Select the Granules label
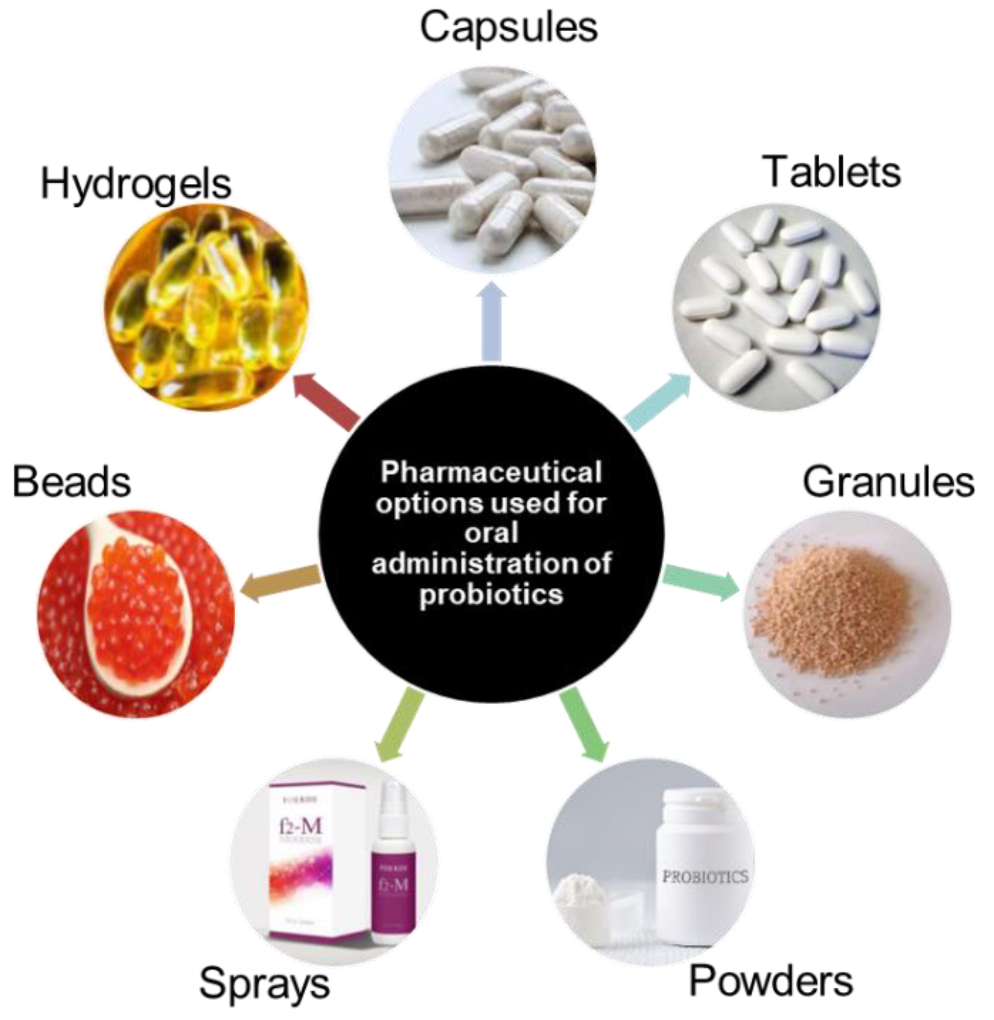pos(888,482)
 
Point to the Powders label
pos(771,981)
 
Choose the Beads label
pos(71,481)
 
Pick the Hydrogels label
pos(136,185)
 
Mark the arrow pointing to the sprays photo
pos(400,724)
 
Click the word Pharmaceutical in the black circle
pos(490,472)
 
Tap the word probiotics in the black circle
pos(490,595)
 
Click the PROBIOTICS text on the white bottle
pos(705,876)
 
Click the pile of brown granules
pos(835,606)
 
